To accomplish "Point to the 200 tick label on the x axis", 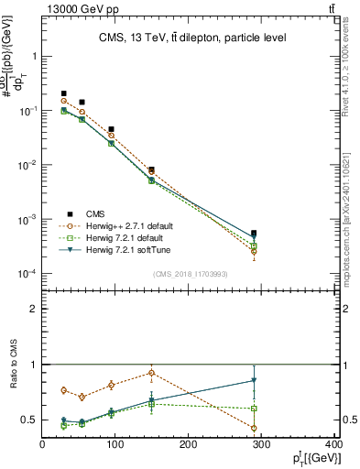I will pos(190,444).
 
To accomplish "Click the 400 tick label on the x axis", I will pos(334,444).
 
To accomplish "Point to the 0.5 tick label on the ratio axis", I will pos(30,420).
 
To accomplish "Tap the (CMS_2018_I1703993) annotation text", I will pos(191,273).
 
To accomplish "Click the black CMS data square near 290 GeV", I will pos(254,234).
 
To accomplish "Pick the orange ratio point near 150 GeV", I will pos(151,373).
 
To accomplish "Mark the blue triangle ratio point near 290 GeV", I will pos(254,380).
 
